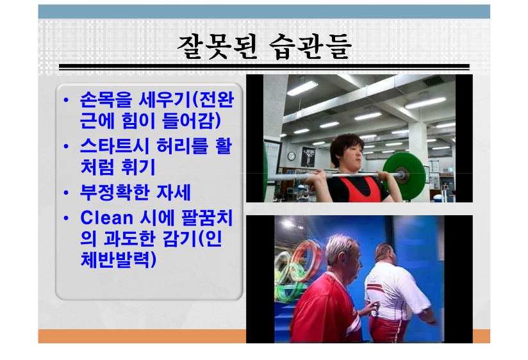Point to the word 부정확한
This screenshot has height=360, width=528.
coord(115,192)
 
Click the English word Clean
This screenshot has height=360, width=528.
coord(107,218)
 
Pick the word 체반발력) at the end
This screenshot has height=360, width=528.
coord(119,259)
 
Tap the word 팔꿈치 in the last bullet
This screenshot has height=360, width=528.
coord(207,218)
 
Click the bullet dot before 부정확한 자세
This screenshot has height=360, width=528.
coord(66,193)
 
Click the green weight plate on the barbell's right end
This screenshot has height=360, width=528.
coord(404,172)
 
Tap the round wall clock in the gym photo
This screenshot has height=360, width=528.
coord(292,156)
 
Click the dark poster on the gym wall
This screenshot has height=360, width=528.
coord(308,156)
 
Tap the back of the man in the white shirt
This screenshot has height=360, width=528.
coord(391,290)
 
